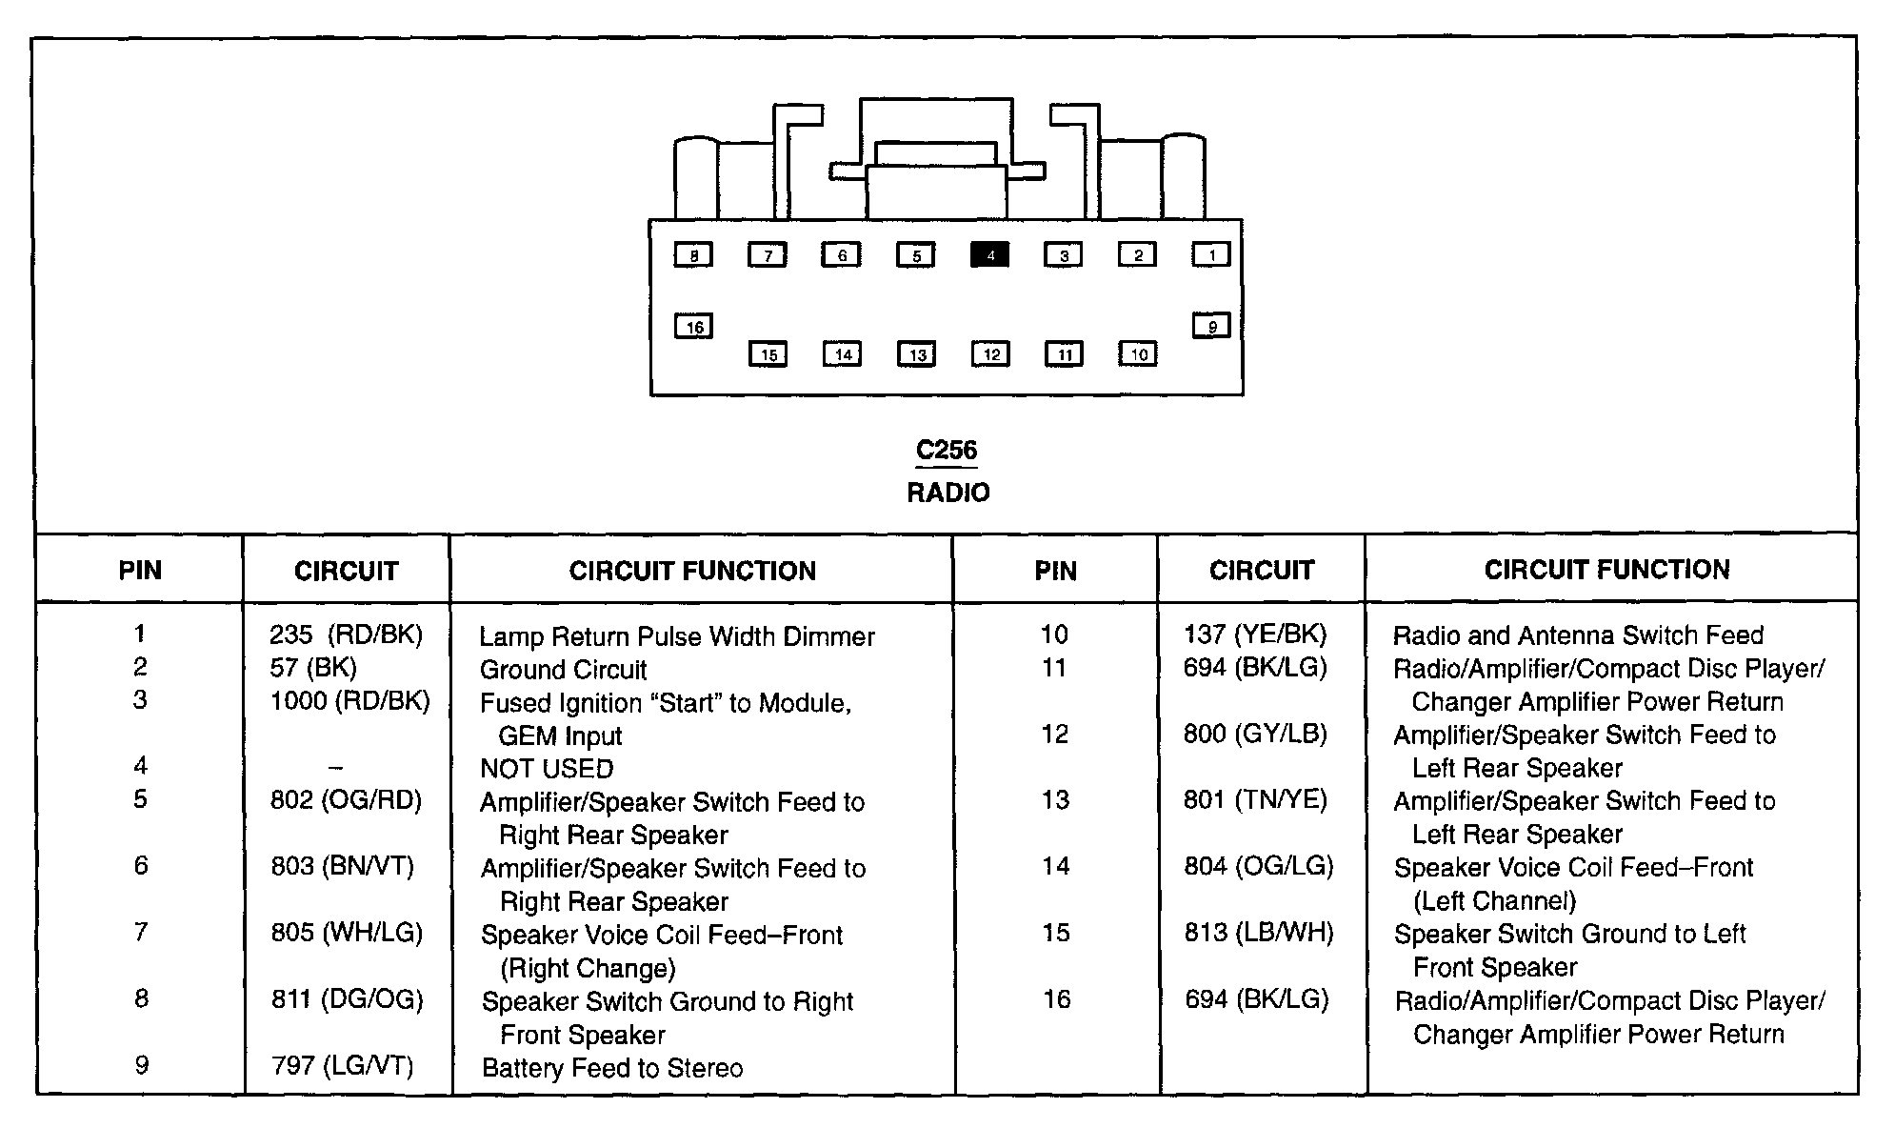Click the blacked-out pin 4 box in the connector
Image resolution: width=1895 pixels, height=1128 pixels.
coord(989,255)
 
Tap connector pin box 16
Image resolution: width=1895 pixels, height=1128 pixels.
coord(693,327)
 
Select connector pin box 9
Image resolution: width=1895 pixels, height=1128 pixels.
coord(1211,326)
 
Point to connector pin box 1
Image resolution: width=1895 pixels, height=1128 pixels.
coord(1211,254)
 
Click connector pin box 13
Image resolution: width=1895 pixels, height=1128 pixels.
coord(916,354)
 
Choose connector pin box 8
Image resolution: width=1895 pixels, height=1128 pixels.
coord(693,255)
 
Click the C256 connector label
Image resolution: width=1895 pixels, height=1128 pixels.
coord(947,450)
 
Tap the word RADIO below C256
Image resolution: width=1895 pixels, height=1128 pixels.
coord(948,493)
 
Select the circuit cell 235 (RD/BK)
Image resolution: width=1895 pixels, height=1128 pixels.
coord(346,634)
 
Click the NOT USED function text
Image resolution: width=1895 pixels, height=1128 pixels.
coord(547,768)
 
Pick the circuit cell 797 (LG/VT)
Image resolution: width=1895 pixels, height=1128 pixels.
coord(343,1065)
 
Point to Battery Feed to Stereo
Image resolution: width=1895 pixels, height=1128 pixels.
coord(612,1068)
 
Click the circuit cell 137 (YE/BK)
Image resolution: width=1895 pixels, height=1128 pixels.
coord(1255,634)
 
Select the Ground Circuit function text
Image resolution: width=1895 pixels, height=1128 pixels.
coord(563,670)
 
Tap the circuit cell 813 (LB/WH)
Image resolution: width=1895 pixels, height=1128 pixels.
coord(1259,933)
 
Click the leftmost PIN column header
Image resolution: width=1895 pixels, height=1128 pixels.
coord(140,571)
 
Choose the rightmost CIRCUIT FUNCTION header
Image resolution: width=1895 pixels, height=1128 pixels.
coord(1607,570)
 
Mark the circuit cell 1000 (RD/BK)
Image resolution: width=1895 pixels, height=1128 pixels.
coord(349,701)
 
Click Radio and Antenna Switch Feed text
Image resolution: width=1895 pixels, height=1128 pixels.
coord(1578,635)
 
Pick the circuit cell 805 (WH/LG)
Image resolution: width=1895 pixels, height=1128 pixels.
coord(347,933)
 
